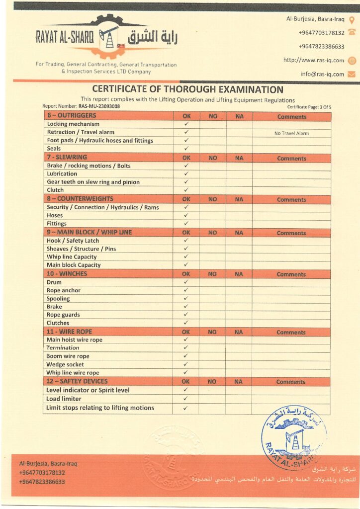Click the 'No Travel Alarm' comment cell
tap(291, 133)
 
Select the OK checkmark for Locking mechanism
tap(186, 124)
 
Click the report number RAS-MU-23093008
tap(99, 106)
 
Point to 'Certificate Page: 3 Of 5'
tap(309, 107)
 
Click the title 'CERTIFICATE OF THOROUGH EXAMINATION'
tap(188, 89)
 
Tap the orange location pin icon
tap(352, 20)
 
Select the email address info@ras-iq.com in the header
tap(322, 74)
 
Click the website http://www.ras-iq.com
tap(313, 60)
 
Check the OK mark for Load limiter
tap(185, 399)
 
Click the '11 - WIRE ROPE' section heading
tap(69, 332)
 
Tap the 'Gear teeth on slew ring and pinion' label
tap(93, 182)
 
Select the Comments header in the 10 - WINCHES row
tap(291, 274)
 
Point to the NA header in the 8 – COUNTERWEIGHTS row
tap(239, 199)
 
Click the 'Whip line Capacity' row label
tap(72, 257)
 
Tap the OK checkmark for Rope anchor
tap(186, 290)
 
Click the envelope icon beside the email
tap(352, 74)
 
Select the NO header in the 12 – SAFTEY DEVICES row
tap(212, 382)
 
